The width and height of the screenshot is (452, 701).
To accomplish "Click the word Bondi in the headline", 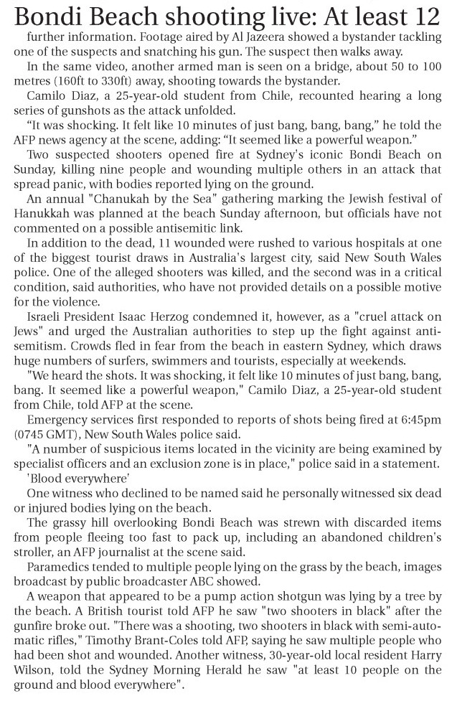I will tap(48, 14).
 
